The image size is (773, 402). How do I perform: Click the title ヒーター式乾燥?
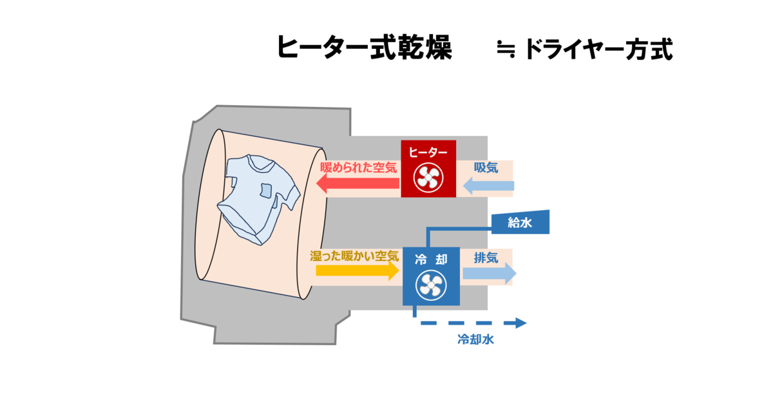[365, 48]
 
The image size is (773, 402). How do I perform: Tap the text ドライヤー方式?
[598, 50]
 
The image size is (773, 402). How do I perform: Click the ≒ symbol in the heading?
[506, 49]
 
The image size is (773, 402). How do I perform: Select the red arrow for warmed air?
[358, 183]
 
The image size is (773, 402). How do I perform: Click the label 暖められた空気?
[359, 167]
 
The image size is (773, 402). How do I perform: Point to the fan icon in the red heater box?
[428, 177]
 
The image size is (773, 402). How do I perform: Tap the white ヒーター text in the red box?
[428, 152]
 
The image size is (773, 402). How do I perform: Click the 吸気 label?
[486, 167]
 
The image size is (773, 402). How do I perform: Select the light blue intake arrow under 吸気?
[488, 186]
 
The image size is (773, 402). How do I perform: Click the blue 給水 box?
[520, 222]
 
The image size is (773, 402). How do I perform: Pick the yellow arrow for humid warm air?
[358, 271]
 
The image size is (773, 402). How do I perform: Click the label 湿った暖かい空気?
[354, 256]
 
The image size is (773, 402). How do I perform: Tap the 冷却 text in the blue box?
[431, 259]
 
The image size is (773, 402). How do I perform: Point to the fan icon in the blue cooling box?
[431, 285]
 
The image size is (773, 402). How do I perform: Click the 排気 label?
[486, 258]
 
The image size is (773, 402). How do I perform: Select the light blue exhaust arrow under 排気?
[490, 273]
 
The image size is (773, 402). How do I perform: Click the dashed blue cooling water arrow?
[473, 323]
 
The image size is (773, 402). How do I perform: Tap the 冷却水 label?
[475, 340]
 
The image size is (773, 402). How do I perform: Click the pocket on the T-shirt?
[265, 191]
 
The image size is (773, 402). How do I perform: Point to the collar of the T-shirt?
[260, 163]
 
